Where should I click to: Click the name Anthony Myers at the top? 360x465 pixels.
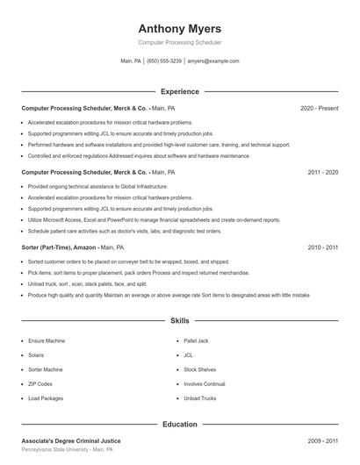coord(180,28)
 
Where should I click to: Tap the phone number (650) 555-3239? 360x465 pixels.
coord(164,61)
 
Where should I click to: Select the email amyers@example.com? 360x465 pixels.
coord(213,61)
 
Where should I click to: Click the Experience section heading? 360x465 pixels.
coord(180,91)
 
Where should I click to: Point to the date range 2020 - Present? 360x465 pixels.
coord(319,109)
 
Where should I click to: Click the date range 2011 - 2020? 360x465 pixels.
coord(323,173)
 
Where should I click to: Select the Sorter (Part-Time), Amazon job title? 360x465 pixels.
coord(58,248)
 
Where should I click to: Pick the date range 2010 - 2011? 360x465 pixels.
coord(323,248)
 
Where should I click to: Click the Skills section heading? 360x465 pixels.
coord(180,322)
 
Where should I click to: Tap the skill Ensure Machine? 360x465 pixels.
coord(47,340)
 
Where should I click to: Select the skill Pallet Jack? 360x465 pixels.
coord(197,340)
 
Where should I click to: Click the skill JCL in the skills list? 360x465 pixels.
coord(188,354)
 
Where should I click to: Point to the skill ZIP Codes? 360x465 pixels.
coord(40,384)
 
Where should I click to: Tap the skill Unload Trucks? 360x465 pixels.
coord(199,399)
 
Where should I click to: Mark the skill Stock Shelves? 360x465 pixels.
coord(200,369)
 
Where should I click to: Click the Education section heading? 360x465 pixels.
coord(180,425)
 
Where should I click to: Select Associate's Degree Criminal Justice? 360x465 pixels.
coord(71,440)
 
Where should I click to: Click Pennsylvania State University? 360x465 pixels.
coord(55,449)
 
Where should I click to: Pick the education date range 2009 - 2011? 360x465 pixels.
coord(323,440)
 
